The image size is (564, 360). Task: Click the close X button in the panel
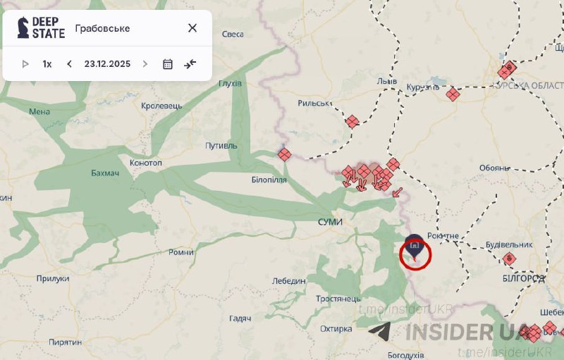coord(192,28)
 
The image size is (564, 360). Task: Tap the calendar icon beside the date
coord(168,64)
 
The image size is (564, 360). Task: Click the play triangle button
coord(25,64)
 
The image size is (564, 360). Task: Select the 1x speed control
coord(47,64)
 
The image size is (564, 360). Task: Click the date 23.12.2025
coord(107,64)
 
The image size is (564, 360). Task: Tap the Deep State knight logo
coord(23,27)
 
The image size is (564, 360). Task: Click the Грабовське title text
coord(102,29)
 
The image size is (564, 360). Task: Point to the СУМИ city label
coord(330,222)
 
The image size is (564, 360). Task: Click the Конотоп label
coord(146,163)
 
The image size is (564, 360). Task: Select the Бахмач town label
coord(106,173)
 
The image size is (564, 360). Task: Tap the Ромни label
coord(181,252)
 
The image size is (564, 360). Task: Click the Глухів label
coord(230,83)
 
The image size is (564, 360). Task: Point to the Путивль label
coord(221,146)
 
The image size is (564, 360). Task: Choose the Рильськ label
coord(314,103)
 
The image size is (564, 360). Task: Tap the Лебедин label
coord(289,280)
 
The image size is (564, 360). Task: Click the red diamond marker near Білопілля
coord(284,154)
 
